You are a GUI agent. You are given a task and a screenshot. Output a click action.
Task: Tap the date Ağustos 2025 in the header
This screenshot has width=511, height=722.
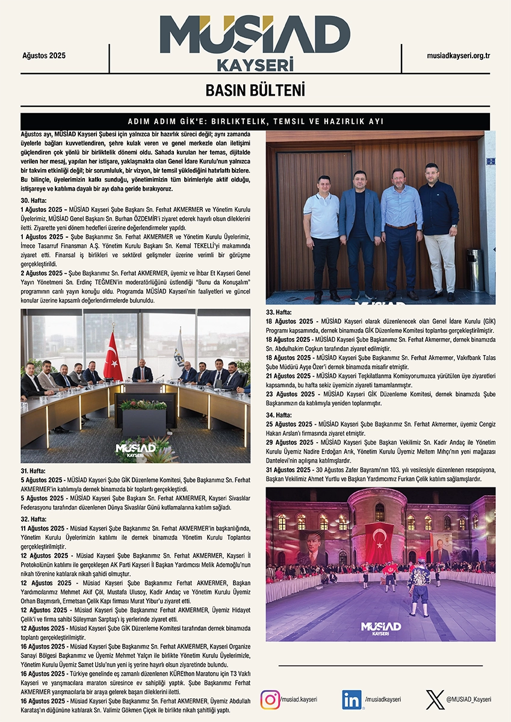point(43,55)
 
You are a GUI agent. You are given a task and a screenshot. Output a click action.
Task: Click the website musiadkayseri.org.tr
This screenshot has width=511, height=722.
point(459,55)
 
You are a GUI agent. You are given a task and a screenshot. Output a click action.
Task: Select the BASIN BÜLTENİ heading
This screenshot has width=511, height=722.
point(255,91)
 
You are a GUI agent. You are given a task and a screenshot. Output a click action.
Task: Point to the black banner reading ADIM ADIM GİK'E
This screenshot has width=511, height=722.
point(255,122)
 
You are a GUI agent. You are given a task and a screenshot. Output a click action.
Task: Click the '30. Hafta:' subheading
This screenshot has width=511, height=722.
point(34,200)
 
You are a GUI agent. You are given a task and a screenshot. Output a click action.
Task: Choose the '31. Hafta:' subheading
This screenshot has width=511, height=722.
point(34,470)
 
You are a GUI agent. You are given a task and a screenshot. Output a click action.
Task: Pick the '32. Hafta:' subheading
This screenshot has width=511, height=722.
point(34,518)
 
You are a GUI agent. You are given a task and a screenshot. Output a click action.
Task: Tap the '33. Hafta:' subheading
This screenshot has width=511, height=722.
point(279,312)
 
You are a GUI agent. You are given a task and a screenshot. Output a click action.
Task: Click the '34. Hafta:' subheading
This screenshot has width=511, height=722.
point(279,415)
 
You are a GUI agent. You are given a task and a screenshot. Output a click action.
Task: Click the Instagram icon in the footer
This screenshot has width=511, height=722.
point(270,700)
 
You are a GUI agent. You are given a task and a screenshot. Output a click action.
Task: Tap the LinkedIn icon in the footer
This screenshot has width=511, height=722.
point(352,700)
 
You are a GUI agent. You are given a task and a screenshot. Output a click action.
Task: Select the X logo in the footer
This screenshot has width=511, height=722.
point(435,700)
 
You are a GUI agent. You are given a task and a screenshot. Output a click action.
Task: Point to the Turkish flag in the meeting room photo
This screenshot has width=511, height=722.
point(113,358)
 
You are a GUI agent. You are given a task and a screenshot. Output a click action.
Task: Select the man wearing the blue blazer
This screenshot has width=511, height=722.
point(360,232)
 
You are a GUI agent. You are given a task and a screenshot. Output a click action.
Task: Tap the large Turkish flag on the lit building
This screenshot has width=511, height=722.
point(379,541)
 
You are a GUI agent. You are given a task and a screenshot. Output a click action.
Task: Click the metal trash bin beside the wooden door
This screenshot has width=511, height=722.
point(474,269)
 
